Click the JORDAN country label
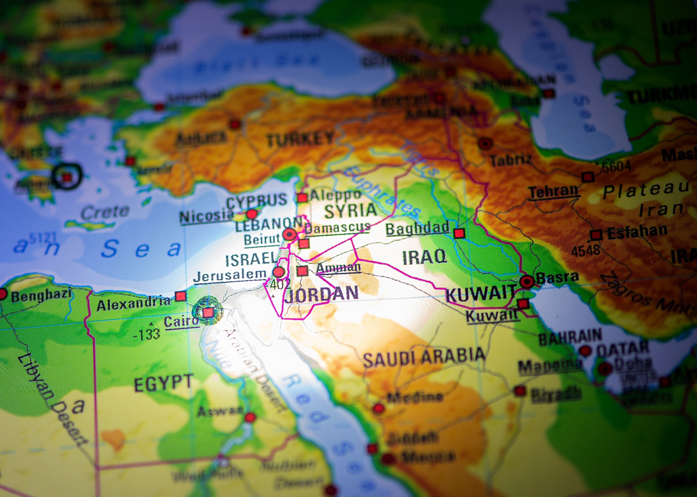coord(321,294)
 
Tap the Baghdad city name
coord(417,228)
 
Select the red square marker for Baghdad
coord(459,233)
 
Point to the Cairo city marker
coord(208,312)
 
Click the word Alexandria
coord(133,304)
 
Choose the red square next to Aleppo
coord(302,198)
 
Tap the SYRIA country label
coord(350,210)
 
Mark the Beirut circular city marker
coord(289,235)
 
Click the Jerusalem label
coord(230,276)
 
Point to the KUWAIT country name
coord(481,294)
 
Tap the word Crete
coord(105,212)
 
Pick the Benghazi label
coord(41,296)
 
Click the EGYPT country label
coord(163,383)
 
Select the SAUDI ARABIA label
coord(424,357)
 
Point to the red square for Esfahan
coord(596,235)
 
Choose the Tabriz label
coord(511,160)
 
